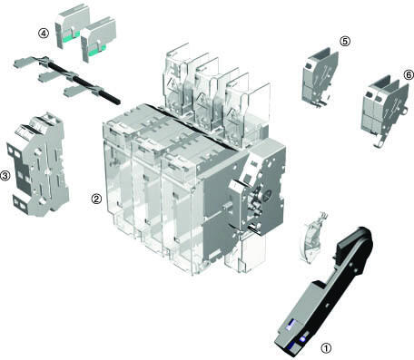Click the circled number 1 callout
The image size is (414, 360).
coord(326,348)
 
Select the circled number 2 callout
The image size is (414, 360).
coord(96,199)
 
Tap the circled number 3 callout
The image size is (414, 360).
coord(5,175)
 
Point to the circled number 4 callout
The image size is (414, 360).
coord(44,34)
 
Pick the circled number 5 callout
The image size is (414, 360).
coord(345,41)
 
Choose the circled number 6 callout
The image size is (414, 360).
coord(409,74)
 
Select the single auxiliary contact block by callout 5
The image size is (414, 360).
coord(320,77)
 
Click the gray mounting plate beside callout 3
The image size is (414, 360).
coord(38,164)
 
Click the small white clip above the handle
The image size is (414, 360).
coord(311,238)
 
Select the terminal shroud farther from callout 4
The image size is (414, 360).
coord(99,39)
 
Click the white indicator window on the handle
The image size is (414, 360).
coord(291,325)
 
